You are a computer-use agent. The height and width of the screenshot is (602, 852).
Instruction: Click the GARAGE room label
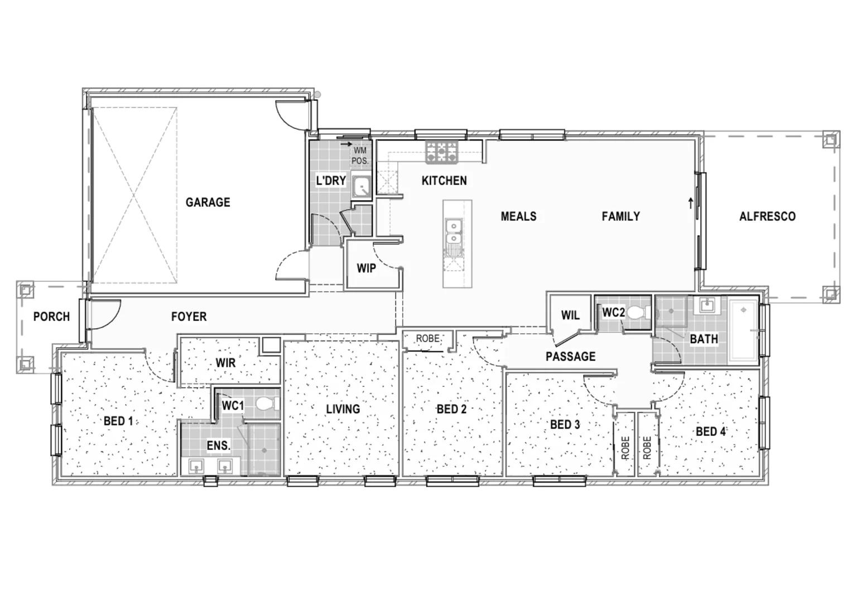coord(208,202)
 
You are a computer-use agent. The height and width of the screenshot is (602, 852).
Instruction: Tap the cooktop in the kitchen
coord(441,152)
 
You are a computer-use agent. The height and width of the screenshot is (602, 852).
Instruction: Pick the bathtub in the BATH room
coord(744,331)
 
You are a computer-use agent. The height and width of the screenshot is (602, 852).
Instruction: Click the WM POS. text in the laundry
coord(360,156)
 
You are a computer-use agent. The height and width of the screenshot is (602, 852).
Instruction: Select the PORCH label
coord(51,317)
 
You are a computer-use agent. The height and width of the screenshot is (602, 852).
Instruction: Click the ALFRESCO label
coord(767,216)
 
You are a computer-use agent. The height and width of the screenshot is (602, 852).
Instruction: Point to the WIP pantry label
coord(366,269)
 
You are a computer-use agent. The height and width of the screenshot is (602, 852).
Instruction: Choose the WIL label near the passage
coord(570,315)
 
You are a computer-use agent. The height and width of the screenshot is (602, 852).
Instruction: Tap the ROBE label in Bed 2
coord(428,338)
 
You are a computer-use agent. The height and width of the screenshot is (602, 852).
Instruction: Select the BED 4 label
coord(710,431)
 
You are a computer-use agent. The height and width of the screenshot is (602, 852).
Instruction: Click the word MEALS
coord(518,216)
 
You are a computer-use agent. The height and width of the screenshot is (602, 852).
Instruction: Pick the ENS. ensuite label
coord(218,446)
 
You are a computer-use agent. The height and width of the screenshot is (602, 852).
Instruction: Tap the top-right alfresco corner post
coord(831,139)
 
